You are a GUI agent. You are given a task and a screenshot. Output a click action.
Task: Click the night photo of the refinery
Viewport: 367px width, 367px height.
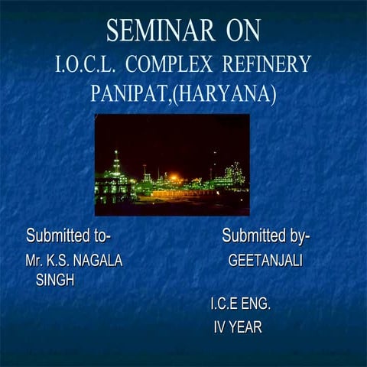point(172,164)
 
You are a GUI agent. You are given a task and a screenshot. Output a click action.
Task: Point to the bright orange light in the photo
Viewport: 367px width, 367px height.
point(174,177)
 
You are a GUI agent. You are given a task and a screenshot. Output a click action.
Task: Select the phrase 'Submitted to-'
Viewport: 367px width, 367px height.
point(73,234)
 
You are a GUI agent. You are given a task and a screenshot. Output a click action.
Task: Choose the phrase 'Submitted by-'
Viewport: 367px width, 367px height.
point(265,234)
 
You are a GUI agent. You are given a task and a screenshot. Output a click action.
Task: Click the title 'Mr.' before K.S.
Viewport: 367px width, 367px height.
point(34,261)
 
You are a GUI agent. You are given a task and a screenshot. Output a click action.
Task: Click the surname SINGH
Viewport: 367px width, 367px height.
point(55,280)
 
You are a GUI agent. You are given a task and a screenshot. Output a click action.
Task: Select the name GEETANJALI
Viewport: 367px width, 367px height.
point(265,261)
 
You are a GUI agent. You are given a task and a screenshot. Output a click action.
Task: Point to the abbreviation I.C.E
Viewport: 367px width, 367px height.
point(224,304)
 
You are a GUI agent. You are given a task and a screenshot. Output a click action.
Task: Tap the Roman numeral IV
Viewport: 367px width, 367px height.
point(219,328)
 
